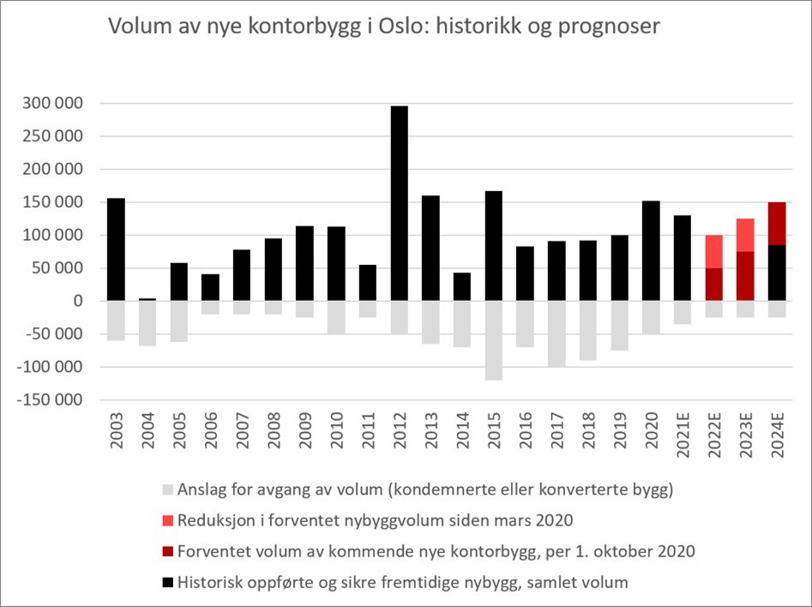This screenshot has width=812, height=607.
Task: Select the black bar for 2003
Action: (x=116, y=249)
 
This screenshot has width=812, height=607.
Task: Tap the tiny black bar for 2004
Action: (x=147, y=299)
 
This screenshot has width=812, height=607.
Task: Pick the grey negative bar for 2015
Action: (x=494, y=340)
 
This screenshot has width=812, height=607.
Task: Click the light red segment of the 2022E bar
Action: (x=714, y=251)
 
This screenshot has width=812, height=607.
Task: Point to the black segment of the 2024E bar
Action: (x=778, y=273)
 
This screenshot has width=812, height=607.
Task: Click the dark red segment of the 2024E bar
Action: (x=778, y=223)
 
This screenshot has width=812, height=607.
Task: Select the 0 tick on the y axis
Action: (x=77, y=301)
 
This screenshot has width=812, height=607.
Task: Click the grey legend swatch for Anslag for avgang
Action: (x=167, y=491)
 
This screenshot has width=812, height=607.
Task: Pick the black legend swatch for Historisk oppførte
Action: (x=167, y=583)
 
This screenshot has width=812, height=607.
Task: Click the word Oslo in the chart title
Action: (x=374, y=27)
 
